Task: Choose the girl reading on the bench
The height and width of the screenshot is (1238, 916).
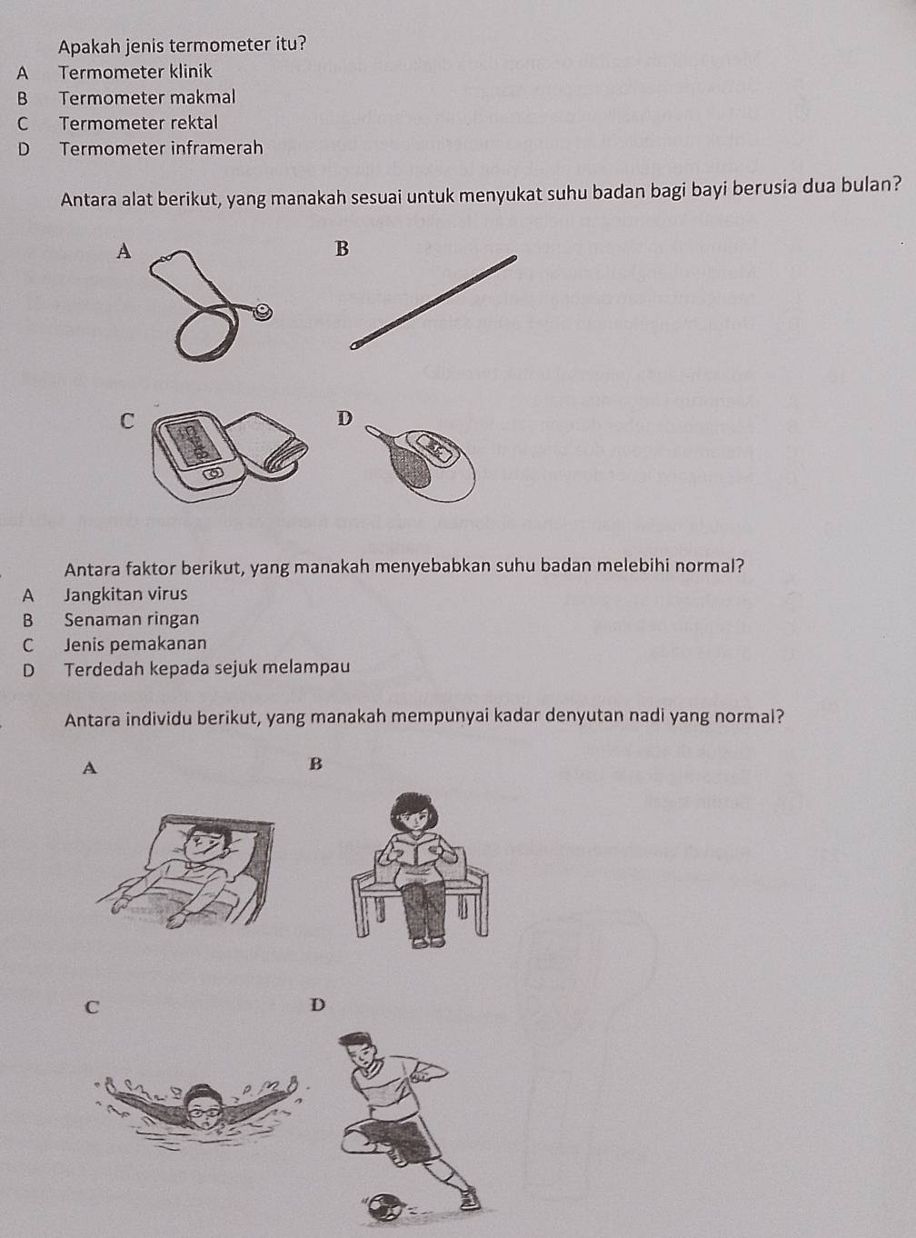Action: [x=420, y=868]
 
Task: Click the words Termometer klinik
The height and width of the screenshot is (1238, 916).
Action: [x=135, y=72]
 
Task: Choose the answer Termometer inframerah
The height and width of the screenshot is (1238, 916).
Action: [x=161, y=148]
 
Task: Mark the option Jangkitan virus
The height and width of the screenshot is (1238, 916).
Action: [x=126, y=594]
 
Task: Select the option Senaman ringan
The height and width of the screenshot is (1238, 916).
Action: [x=132, y=619]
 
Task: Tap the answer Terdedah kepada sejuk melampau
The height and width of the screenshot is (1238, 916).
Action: [x=207, y=668]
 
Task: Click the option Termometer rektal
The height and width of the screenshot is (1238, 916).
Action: [x=138, y=123]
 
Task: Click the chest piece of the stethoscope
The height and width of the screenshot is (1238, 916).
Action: [x=264, y=313]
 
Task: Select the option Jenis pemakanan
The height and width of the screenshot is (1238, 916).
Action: [x=135, y=644]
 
